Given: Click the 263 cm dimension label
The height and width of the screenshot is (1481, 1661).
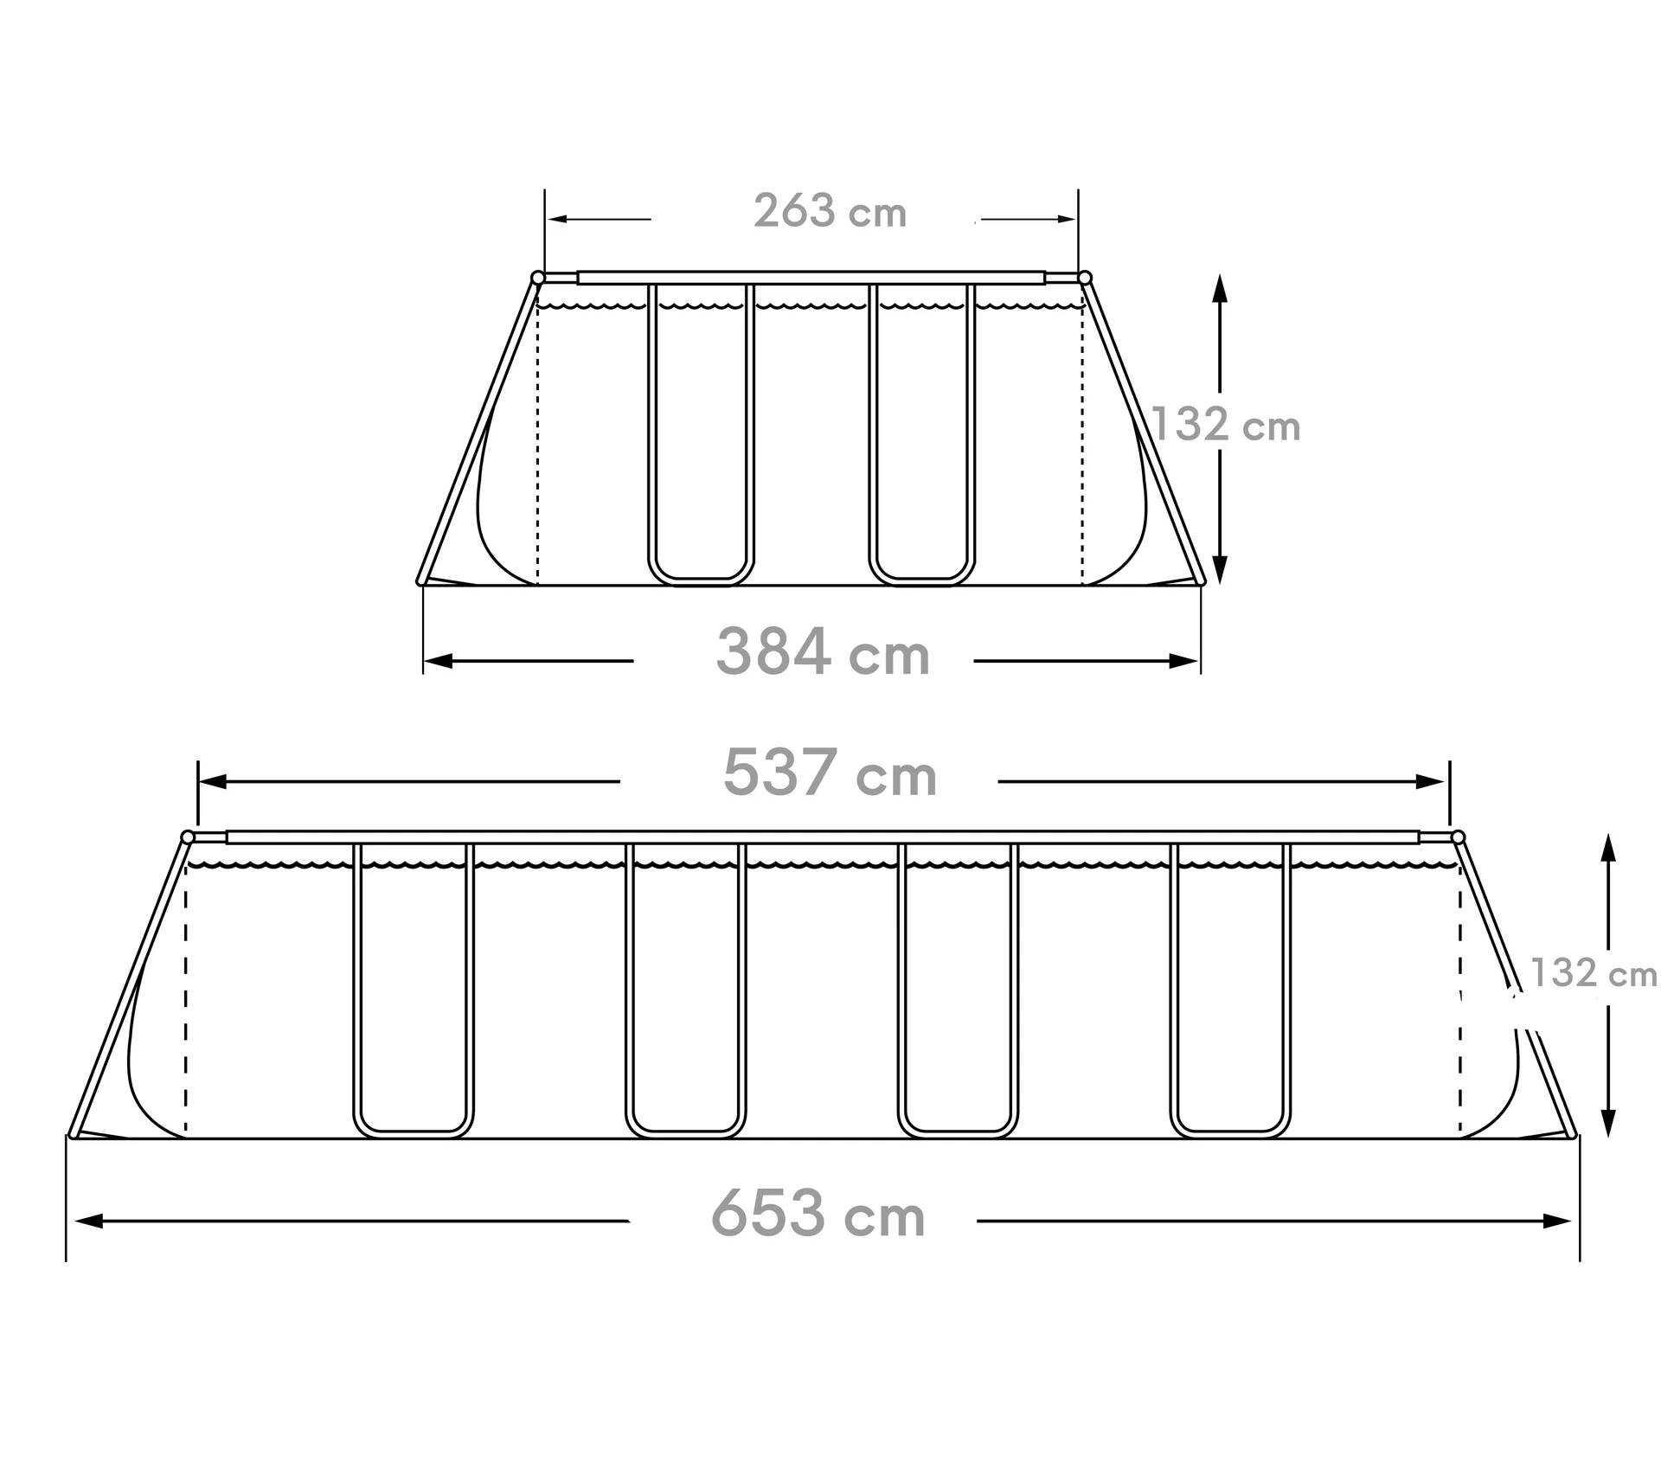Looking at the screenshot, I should (x=830, y=212).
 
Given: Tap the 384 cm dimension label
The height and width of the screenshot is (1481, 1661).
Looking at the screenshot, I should (x=823, y=653).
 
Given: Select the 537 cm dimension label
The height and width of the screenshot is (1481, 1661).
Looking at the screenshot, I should (x=830, y=773).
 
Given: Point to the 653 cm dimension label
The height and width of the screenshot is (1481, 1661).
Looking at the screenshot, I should (x=818, y=1215).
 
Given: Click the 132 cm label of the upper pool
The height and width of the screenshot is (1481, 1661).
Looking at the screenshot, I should (x=1227, y=426).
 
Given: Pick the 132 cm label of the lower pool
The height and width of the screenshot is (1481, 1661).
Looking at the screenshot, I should (x=1594, y=973).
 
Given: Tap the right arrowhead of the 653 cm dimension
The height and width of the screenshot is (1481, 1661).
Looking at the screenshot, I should (x=1557, y=1221).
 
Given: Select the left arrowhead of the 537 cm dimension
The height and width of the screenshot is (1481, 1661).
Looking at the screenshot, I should (x=213, y=782).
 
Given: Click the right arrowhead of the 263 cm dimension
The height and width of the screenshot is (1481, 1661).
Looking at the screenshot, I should (x=1067, y=219).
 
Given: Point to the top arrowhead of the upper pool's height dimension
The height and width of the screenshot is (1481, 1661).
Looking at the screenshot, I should (x=1220, y=287).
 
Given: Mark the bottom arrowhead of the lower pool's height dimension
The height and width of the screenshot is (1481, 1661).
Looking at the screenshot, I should (x=1608, y=1123).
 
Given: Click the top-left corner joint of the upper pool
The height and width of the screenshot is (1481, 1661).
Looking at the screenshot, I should (x=538, y=278).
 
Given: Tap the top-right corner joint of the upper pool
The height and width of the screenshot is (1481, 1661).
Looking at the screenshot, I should (x=1085, y=278).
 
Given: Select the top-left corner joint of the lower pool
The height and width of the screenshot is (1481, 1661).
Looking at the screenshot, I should (x=188, y=837).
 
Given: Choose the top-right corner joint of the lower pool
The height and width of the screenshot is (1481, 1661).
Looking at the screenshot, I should (x=1458, y=837).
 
